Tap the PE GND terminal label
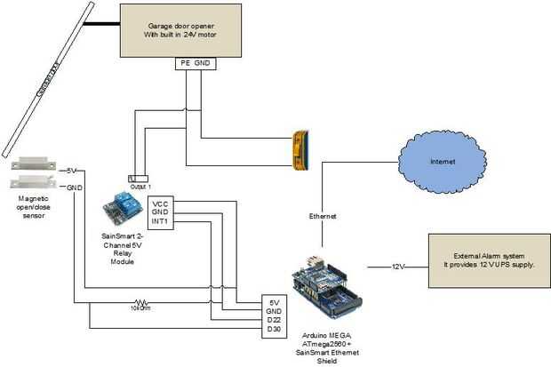[195, 64]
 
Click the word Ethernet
[322, 216]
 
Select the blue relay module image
[120, 206]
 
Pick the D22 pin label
[275, 318]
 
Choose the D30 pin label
[275, 330]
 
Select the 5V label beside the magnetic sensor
[73, 171]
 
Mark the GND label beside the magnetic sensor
[74, 187]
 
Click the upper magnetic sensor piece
[34, 165]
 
